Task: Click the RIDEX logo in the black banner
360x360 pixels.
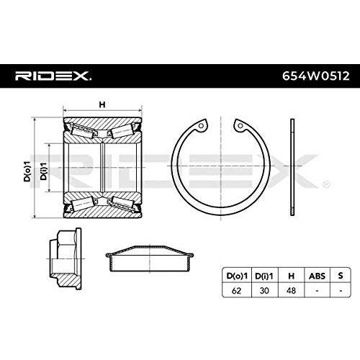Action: click(53, 76)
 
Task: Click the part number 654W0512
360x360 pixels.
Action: click(315, 76)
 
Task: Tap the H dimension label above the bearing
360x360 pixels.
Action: click(102, 104)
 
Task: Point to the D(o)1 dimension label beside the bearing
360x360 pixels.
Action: click(27, 171)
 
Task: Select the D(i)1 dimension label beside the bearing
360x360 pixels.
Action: click(43, 171)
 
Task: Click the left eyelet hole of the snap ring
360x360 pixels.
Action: click(202, 126)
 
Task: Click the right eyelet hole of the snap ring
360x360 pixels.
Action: click(240, 125)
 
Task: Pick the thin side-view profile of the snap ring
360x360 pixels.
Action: click(292, 167)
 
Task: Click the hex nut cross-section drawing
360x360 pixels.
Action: click(65, 258)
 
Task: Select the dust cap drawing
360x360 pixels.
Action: click(150, 258)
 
